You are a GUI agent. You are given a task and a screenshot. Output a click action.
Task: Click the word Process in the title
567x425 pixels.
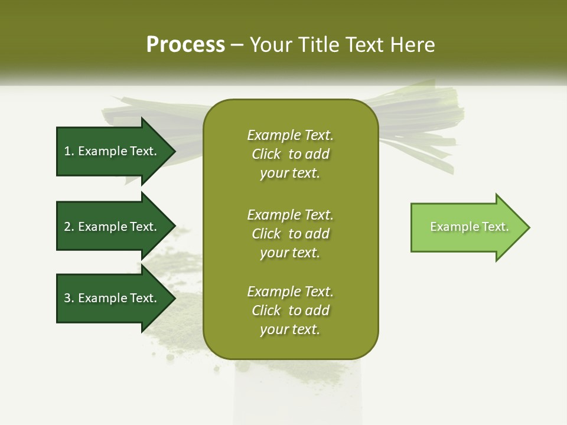pos(185,45)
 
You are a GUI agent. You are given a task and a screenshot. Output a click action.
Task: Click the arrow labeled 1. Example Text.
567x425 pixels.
pos(112,151)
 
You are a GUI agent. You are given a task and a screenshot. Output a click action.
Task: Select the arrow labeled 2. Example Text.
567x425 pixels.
pos(112,227)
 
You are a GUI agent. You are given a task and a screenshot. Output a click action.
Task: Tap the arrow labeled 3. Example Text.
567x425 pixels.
pos(112,298)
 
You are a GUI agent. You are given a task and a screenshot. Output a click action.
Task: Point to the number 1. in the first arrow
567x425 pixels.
pos(69,151)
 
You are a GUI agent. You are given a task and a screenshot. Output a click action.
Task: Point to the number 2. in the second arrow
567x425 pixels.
pos(69,227)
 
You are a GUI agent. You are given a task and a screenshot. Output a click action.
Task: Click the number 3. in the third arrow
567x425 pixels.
pos(69,298)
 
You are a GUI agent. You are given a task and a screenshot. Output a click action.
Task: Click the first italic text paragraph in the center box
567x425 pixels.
pos(290,154)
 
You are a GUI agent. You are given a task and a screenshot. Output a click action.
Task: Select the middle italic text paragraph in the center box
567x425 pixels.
pos(290,234)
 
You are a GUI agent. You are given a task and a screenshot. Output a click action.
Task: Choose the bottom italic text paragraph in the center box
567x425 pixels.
pos(290,310)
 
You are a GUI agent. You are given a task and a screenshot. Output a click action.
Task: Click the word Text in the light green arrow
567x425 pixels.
pos(495,227)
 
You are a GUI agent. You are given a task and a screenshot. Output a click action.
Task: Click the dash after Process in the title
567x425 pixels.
pos(237,45)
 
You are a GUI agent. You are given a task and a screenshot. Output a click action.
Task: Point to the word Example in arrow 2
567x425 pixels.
pos(102,227)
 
